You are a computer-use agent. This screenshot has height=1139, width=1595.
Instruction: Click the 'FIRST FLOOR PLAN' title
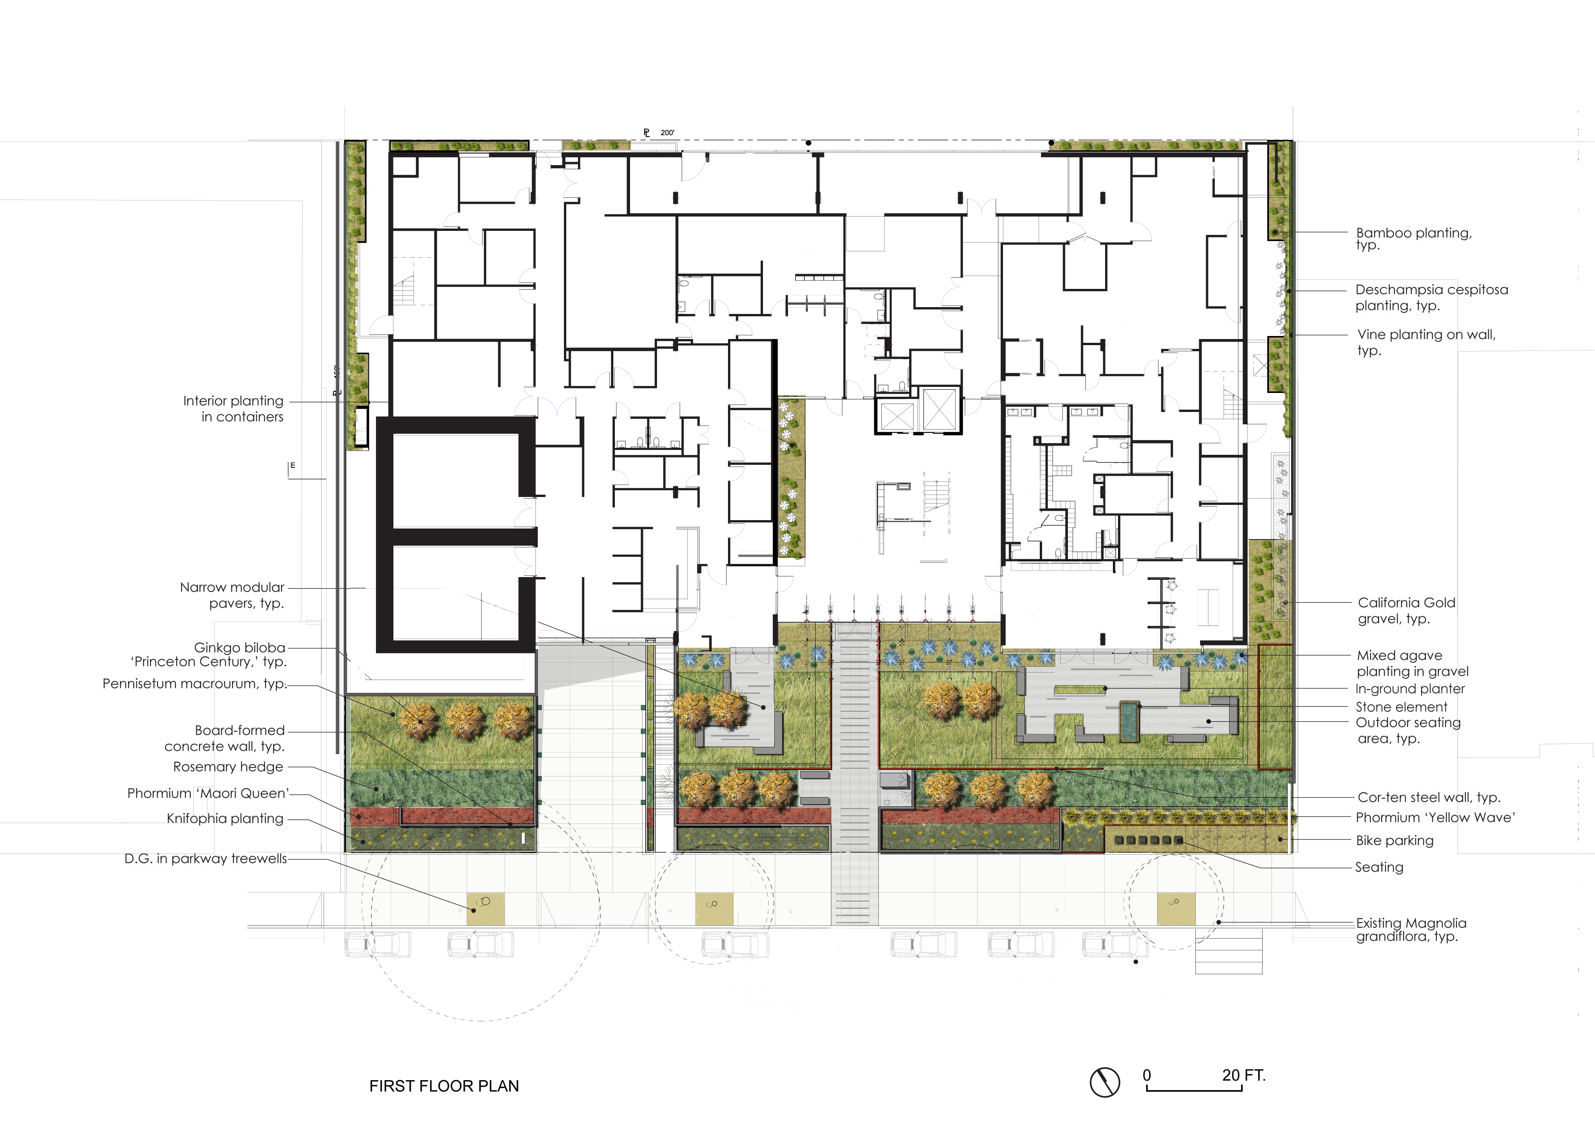(444, 1086)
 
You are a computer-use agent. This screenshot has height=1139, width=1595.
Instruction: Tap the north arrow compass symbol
(1105, 1082)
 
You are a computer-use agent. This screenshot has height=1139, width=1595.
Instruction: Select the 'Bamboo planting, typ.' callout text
(1413, 238)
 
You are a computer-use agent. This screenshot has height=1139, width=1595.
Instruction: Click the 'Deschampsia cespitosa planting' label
(1431, 297)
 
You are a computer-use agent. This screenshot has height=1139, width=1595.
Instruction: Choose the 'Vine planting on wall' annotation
(1426, 342)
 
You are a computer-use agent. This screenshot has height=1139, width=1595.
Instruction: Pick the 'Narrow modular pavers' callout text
(232, 595)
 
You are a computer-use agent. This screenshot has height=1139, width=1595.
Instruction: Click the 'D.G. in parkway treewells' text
(205, 858)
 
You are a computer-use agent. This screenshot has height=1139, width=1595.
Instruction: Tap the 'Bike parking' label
(1394, 840)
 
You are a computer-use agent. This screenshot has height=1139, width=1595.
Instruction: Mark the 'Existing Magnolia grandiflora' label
(1410, 929)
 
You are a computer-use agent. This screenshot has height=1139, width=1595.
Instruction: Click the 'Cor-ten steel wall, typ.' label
(1429, 797)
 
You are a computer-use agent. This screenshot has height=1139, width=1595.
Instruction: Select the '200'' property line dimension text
(667, 133)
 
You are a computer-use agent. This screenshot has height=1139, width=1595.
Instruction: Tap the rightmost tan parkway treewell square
(1176, 908)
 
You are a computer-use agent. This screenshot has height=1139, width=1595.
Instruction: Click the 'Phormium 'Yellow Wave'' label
(1435, 817)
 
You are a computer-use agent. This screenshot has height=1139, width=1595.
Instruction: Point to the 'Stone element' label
(1401, 707)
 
